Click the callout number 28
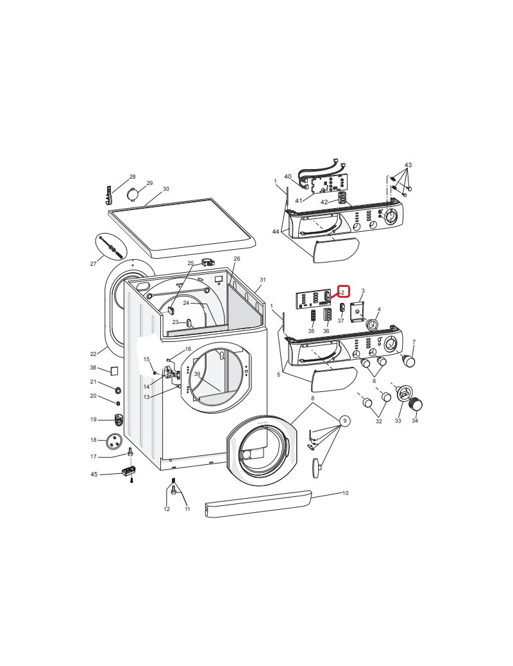(x=133, y=177)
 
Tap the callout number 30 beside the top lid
(x=166, y=189)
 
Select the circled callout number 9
(x=345, y=421)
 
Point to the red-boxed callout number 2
(x=343, y=292)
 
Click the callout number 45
(x=94, y=474)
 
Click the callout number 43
(x=408, y=165)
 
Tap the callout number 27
(x=93, y=263)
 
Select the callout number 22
(x=93, y=353)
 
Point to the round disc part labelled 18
(x=114, y=440)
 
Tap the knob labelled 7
(x=408, y=362)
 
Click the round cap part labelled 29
(x=135, y=193)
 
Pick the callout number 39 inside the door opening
(x=197, y=374)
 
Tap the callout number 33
(x=398, y=421)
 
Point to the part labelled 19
(x=118, y=420)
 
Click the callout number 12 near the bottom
(x=167, y=509)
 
